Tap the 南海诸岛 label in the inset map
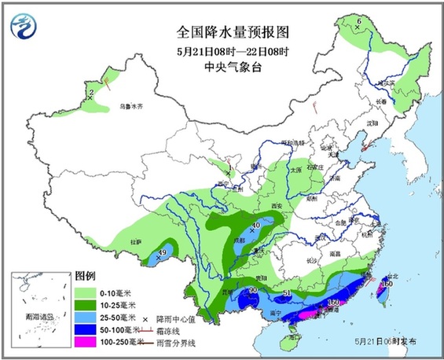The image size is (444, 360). tap(38, 317)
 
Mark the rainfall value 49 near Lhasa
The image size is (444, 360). tap(163, 252)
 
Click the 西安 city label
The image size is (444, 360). tap(273, 204)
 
